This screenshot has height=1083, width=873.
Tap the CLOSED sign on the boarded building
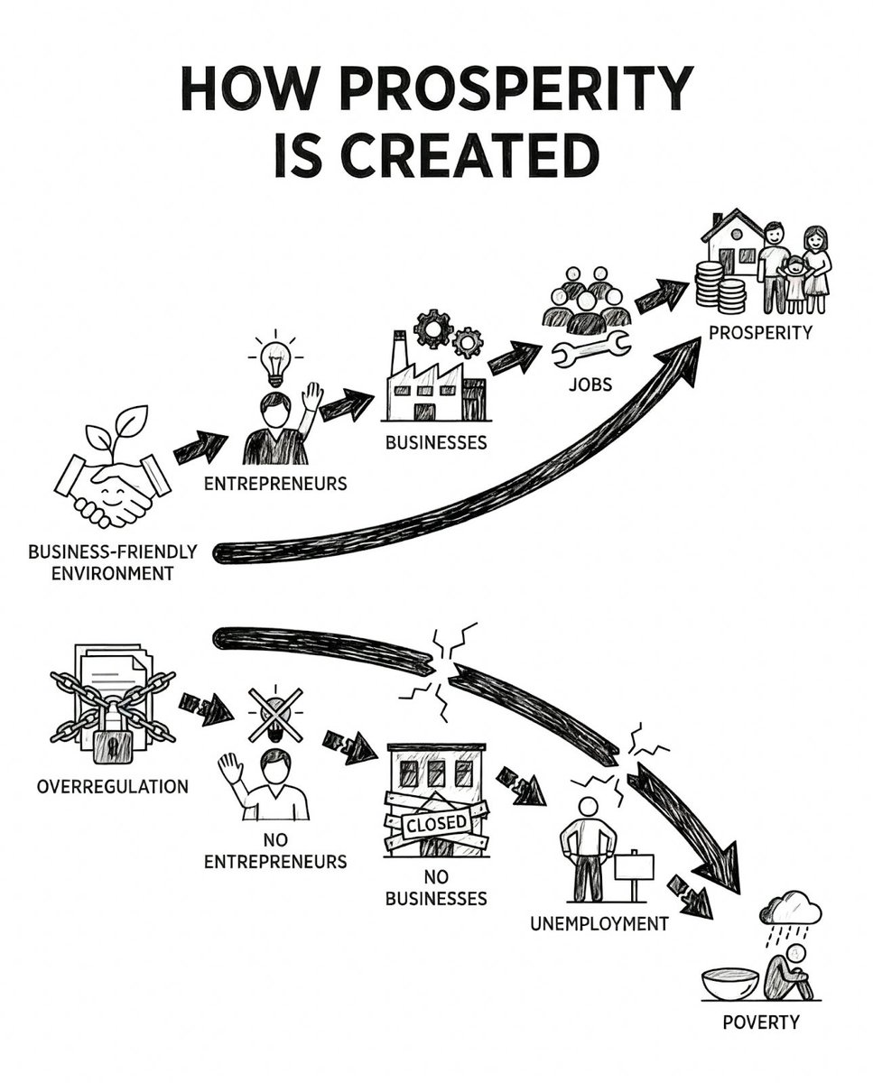pos(438,823)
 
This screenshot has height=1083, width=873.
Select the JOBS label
pos(590,384)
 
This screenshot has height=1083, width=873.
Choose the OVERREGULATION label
pos(113,786)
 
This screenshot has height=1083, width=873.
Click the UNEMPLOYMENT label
pos(600,924)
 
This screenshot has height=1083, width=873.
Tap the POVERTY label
pos(761,1023)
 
